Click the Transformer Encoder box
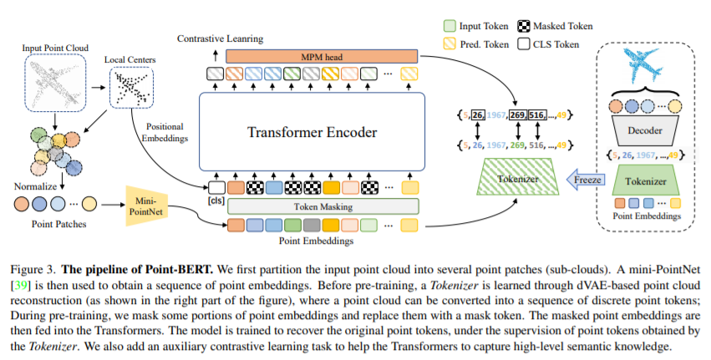coord(312,131)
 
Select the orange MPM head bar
coord(322,57)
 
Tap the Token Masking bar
coord(322,207)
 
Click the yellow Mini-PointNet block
coord(145,205)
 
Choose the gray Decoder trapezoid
coord(644,130)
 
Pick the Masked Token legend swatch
coord(523,26)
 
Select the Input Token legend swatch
coord(449,26)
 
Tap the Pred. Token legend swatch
coord(449,44)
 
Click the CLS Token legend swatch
coord(523,44)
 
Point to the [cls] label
coord(216,200)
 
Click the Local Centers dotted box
coord(131,88)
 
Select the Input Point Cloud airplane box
coord(55,83)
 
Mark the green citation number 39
coord(21,285)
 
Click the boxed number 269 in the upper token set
coord(517,115)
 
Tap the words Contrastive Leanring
coord(220,38)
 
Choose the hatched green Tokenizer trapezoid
coord(518,177)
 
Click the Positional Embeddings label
coord(165,133)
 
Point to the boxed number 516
coord(537,115)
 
